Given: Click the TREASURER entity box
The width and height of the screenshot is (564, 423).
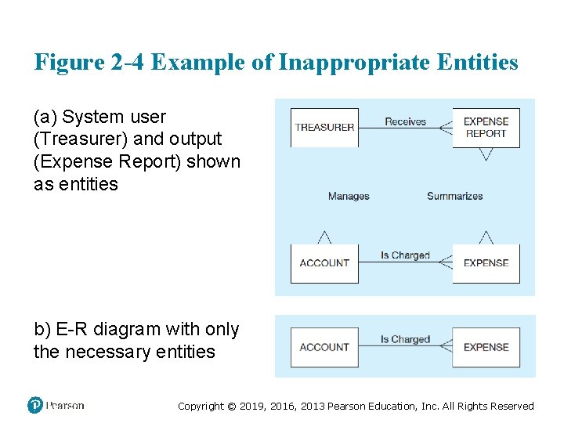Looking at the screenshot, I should coord(324,128).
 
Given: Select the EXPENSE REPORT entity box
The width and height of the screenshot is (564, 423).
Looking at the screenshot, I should coord(486,128).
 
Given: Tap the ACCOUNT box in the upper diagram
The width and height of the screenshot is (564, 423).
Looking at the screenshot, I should coord(324,263).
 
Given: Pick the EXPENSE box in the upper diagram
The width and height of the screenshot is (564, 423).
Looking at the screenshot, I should coord(486,263).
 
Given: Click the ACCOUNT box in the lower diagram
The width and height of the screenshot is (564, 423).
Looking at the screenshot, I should coord(324,347).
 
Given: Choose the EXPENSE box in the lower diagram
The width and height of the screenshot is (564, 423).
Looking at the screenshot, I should coord(486,347).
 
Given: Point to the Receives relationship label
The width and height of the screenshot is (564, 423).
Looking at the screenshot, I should coord(405,121).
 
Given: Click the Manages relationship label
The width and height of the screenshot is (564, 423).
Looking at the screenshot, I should coord(349,196).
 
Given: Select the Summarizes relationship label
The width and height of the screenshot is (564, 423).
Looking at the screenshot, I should coord(454,196).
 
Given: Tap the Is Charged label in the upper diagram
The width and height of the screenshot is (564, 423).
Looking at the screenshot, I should coord(405,255).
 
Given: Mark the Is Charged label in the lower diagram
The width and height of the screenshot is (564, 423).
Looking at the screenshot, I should coord(405,339).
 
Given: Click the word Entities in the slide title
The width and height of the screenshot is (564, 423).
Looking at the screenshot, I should coord(481,63).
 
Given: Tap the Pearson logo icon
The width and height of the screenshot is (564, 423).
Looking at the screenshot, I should coord(35,405).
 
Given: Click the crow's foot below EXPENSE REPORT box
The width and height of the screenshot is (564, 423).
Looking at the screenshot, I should coord(486,154).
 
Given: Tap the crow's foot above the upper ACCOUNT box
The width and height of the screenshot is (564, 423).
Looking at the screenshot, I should coord(324,237).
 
